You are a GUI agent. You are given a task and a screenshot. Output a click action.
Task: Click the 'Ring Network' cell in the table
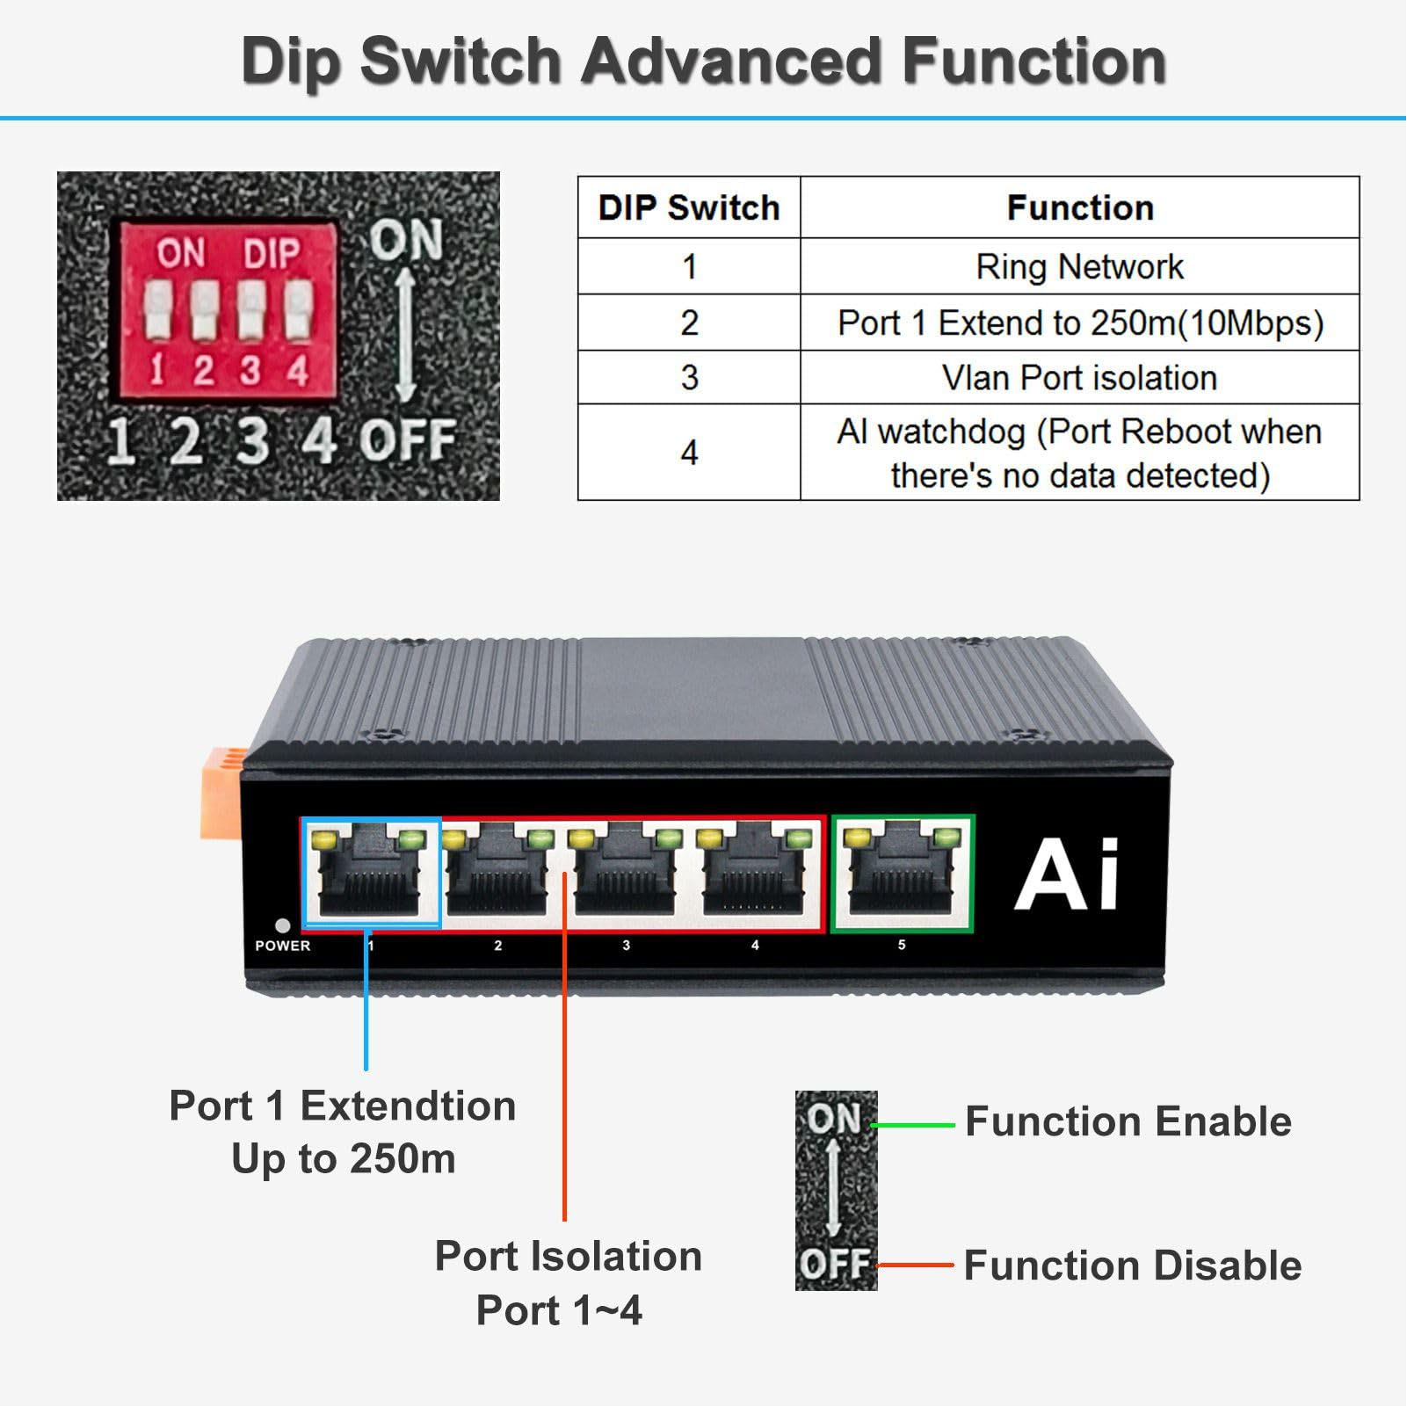pyautogui.click(x=1079, y=267)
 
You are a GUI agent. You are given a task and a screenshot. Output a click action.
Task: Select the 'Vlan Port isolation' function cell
pyautogui.click(x=1079, y=378)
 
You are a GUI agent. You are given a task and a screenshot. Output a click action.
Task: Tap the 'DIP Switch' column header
pyautogui.click(x=689, y=208)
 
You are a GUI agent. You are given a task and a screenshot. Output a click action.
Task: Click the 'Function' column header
pyautogui.click(x=1079, y=208)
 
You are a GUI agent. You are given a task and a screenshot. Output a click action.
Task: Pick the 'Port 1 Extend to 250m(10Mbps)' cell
pyautogui.click(x=1079, y=323)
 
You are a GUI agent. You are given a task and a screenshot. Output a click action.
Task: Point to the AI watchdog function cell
pyautogui.click(x=1079, y=453)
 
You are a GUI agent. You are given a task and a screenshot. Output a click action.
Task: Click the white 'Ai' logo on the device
pyautogui.click(x=1067, y=874)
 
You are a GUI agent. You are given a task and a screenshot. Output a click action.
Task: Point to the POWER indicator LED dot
pyautogui.click(x=282, y=925)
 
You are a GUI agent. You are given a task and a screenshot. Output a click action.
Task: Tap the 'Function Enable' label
pyautogui.click(x=1128, y=1122)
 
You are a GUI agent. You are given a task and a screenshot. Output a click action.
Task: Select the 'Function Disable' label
pyautogui.click(x=1132, y=1266)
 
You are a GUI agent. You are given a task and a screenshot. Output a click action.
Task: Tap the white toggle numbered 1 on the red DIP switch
pyautogui.click(x=157, y=310)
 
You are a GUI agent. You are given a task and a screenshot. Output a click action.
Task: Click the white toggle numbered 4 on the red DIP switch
pyautogui.click(x=298, y=310)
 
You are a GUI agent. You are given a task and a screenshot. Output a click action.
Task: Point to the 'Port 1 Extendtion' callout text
pyautogui.click(x=342, y=1106)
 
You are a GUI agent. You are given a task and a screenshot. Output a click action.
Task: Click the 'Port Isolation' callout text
pyautogui.click(x=568, y=1257)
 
